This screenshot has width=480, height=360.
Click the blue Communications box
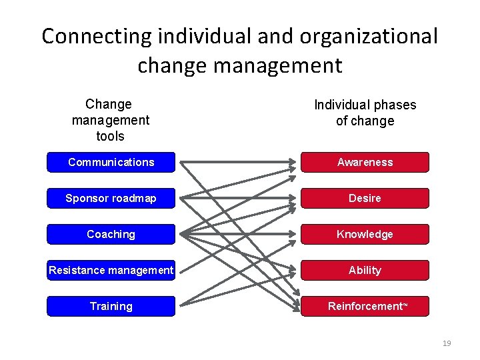111,162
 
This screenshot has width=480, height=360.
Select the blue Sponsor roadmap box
111,198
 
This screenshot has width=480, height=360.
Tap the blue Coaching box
111,234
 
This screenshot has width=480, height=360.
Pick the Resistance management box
111,270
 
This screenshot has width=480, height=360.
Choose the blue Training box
111,306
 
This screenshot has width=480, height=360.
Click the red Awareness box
365,162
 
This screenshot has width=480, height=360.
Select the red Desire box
365,198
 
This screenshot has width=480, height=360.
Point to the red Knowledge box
365,234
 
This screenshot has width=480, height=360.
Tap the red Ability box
365,270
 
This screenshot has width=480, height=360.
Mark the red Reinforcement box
365,306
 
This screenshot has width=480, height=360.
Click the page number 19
447,343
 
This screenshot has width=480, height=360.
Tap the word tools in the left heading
111,136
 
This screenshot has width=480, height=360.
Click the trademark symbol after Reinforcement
405,305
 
